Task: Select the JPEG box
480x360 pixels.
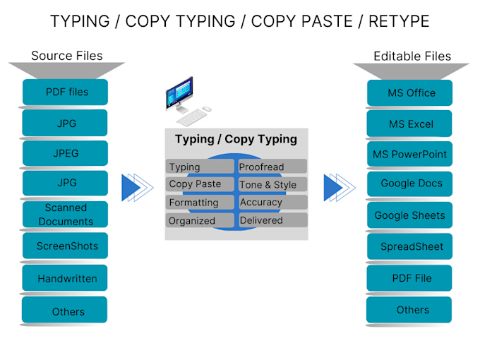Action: click(65, 153)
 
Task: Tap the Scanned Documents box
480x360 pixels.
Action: click(65, 215)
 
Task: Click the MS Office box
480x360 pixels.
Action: click(411, 93)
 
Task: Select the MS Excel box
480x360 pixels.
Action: click(411, 124)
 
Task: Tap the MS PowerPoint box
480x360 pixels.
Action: click(411, 154)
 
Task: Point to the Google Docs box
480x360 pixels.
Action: click(411, 184)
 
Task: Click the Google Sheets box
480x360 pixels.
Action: click(411, 215)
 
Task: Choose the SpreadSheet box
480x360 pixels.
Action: click(411, 246)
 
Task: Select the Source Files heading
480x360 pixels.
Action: click(67, 56)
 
